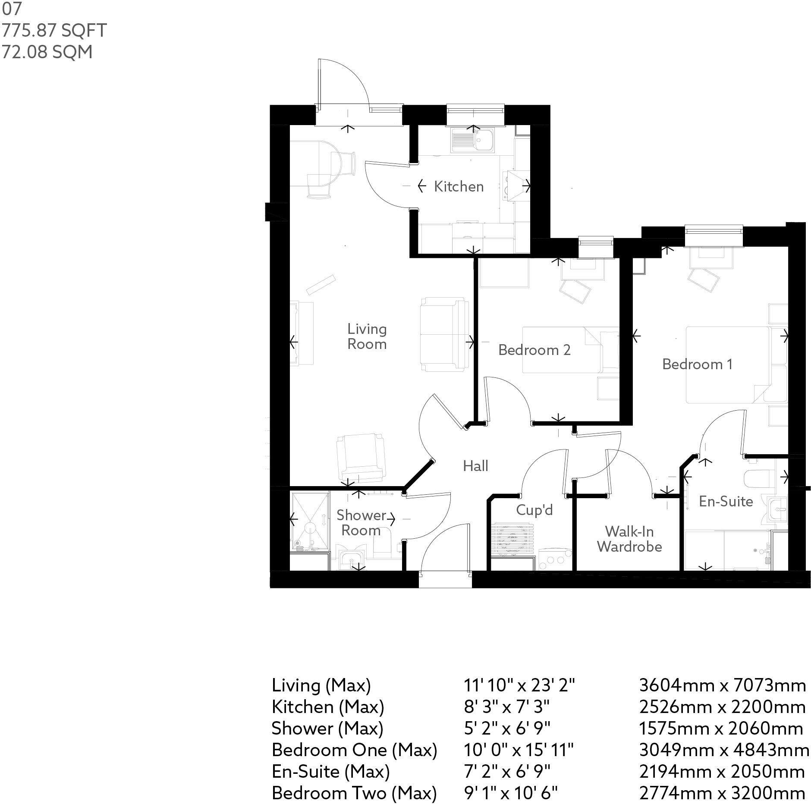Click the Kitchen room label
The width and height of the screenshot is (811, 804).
pos(459,187)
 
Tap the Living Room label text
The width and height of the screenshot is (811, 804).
pos(367,336)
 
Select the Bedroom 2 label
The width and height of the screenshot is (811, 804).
pos(534,350)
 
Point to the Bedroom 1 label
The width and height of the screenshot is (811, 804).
pos(697,364)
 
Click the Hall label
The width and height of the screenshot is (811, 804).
pos(475,466)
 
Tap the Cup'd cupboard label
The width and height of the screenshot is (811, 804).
pos(534,510)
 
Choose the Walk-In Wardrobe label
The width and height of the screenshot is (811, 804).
pos(629,539)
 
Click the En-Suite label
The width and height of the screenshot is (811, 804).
pos(726,501)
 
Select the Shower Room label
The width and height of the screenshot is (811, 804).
pos(361,522)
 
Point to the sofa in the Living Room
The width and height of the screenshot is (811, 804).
pos(444,334)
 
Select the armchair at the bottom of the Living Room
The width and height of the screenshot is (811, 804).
pos(361,458)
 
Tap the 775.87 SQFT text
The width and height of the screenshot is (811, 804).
pos(54,31)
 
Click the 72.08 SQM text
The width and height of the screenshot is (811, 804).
pos(47,52)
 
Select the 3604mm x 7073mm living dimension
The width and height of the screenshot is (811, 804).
pos(722,685)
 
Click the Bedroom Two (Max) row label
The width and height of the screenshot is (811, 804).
pos(354,793)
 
